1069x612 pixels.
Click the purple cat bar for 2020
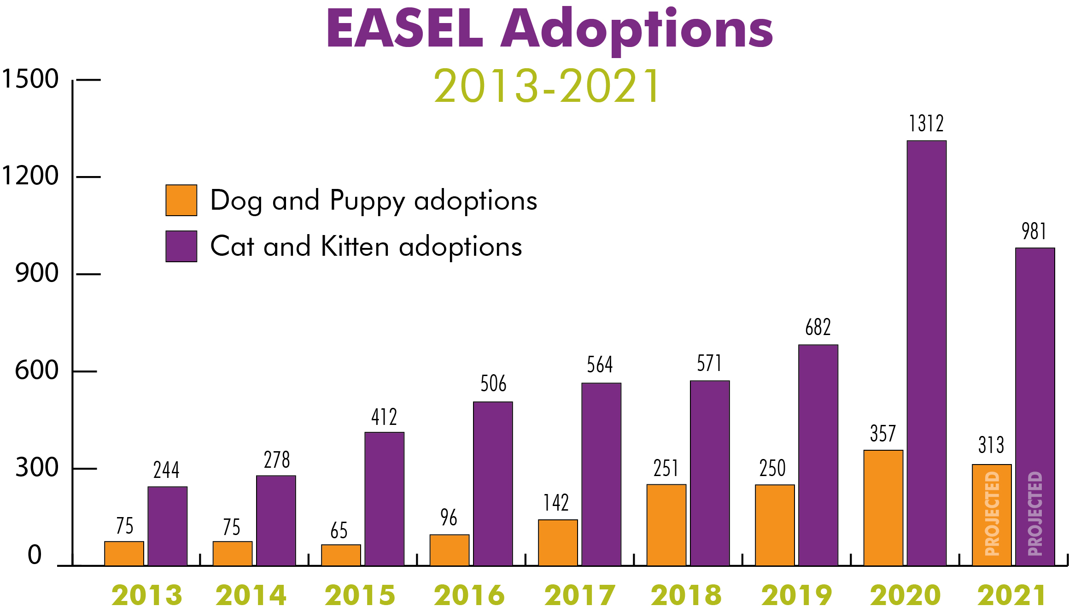926,353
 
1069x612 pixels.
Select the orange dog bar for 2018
666,525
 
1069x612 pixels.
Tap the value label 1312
926,124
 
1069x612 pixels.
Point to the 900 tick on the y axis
37,273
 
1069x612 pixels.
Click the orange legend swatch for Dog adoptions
181,200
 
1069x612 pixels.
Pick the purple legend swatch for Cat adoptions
181,247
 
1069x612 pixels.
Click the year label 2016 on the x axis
469,595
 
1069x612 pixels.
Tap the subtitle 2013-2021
547,86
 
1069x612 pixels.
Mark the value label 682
818,327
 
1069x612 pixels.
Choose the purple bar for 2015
384,499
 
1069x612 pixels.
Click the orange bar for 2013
124,553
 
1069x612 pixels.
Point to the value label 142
556,502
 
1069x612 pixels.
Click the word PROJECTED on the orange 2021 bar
992,514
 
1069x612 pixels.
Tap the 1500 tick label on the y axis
30,79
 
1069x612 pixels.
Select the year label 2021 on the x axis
1011,595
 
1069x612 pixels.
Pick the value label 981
1034,231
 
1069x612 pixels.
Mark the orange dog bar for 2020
883,508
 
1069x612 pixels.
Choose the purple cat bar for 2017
601,474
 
